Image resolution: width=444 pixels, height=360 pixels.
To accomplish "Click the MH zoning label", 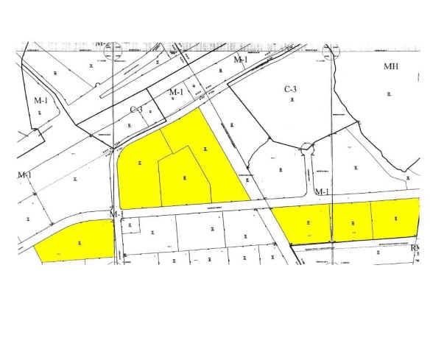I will [x=391, y=66].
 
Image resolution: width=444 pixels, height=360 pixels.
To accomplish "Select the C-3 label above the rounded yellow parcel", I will [x=136, y=110].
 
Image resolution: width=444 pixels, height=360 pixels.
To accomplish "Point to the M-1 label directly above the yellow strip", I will [x=321, y=192].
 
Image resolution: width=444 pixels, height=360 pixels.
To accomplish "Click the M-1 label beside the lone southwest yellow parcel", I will [x=116, y=214].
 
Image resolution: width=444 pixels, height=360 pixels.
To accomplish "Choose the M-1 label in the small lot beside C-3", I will [x=176, y=92].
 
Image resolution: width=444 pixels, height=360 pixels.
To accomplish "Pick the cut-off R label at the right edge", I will [x=415, y=248].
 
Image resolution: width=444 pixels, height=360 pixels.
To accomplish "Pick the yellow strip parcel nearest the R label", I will [x=395, y=219].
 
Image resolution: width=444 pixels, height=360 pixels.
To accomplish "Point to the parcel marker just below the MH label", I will [x=390, y=93].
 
